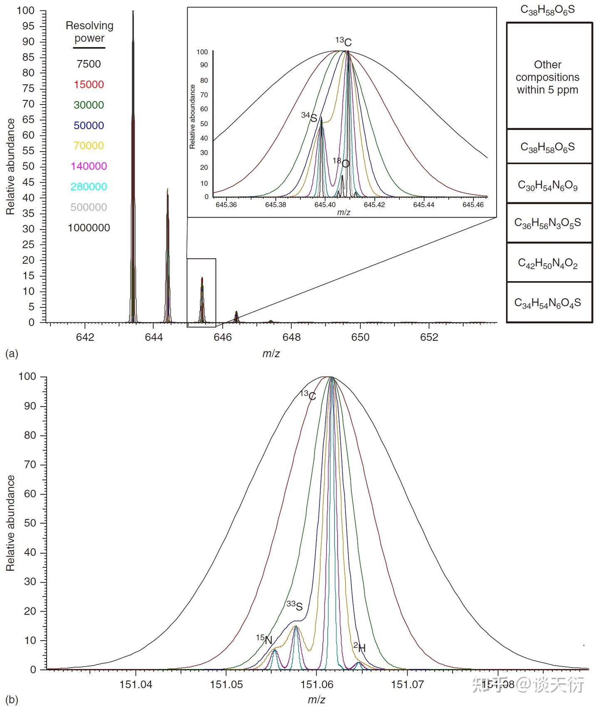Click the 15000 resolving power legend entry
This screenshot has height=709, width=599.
[89, 85]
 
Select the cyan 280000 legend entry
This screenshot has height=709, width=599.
[89, 187]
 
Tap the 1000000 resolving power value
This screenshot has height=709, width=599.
[89, 228]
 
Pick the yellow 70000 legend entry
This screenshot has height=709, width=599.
[89, 146]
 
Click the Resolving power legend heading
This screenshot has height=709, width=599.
[89, 32]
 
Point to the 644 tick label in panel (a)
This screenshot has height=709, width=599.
[154, 337]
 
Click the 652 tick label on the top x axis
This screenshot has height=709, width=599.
[429, 337]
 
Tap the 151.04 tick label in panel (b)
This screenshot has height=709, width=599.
[136, 684]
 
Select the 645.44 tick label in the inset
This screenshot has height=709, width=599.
[424, 205]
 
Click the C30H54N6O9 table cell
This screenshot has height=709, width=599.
[547, 185]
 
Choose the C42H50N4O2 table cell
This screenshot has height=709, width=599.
[547, 263]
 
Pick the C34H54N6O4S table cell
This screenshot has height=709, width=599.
[547, 303]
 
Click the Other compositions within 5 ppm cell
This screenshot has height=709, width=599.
[547, 77]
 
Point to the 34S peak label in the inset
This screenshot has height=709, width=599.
[309, 117]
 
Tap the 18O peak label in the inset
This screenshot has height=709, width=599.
[341, 163]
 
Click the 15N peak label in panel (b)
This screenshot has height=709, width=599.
[264, 639]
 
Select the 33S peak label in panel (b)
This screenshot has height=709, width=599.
[295, 606]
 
